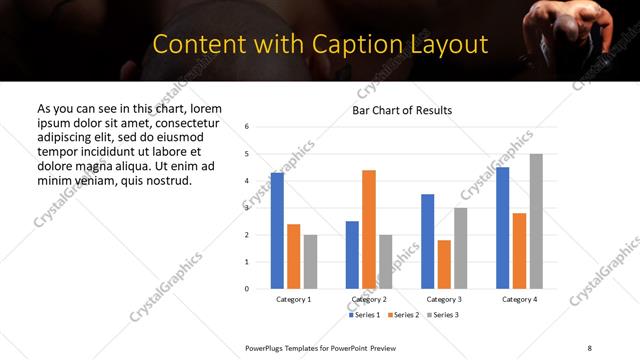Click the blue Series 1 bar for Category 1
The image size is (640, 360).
coord(277,231)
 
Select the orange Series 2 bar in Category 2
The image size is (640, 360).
coord(369,229)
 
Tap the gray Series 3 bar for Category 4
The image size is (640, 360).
coord(536,221)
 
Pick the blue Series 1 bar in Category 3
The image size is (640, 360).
coord(427,241)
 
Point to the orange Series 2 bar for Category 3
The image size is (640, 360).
coord(444,264)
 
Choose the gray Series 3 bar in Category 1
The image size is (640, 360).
coord(310,261)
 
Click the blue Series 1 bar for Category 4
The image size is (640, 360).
coord(502,228)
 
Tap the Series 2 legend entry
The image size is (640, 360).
coord(403,315)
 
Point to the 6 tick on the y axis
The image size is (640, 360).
coord(247,127)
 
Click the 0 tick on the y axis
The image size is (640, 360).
coord(247,289)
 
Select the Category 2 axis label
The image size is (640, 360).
coord(369,299)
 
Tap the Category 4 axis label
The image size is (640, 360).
coord(519,299)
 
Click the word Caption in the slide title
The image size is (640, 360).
coord(329,45)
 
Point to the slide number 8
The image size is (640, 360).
coord(589,347)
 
